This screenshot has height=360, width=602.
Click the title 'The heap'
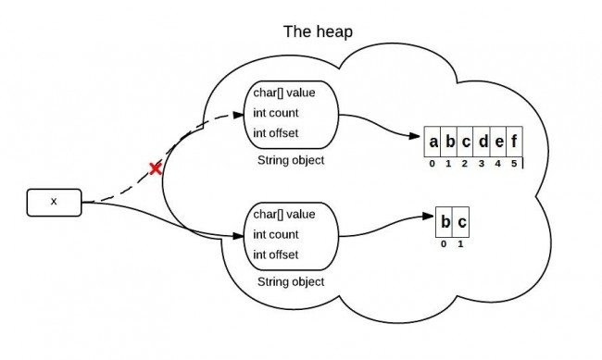pyautogui.click(x=317, y=31)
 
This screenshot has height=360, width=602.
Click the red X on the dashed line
pyautogui.click(x=156, y=168)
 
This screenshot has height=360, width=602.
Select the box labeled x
pyautogui.click(x=54, y=201)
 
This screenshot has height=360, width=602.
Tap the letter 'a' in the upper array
pyautogui.click(x=433, y=143)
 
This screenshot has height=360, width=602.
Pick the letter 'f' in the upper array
pyautogui.click(x=515, y=143)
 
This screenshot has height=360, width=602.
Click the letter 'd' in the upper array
pyautogui.click(x=483, y=143)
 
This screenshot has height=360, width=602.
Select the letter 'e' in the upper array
pyautogui.click(x=499, y=143)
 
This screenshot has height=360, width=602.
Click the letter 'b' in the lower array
pyautogui.click(x=445, y=224)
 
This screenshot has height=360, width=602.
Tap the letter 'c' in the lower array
pyautogui.click(x=462, y=224)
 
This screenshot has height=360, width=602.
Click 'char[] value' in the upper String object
pyautogui.click(x=283, y=93)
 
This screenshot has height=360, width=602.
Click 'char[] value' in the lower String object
pyautogui.click(x=283, y=215)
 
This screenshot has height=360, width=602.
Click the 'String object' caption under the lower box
pyautogui.click(x=291, y=281)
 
